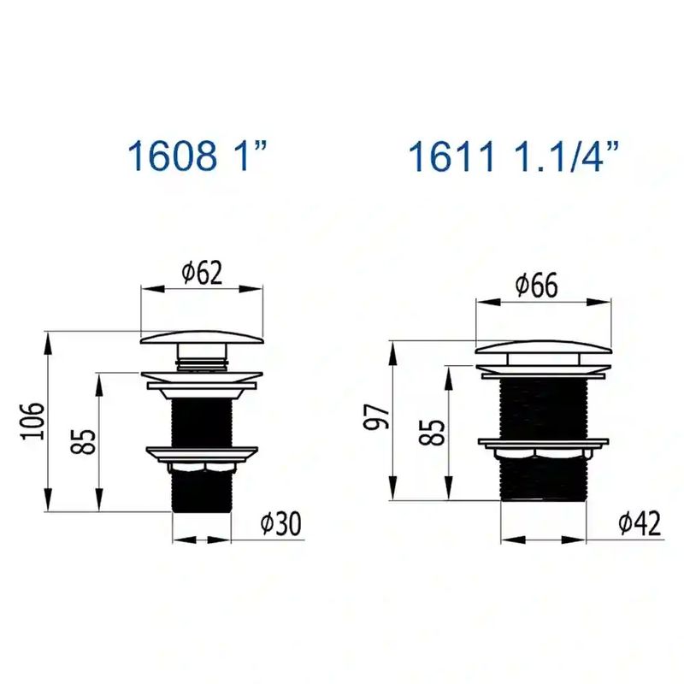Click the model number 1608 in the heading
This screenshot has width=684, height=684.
coord(173,156)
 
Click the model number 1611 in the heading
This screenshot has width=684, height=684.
coord(452,156)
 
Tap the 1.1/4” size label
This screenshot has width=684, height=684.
coord(566,156)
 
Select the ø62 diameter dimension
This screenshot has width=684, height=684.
coord(202,273)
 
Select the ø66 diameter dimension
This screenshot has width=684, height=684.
coord(536,286)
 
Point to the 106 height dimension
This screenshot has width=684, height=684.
coord(33,422)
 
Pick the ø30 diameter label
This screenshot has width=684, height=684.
coord(280,523)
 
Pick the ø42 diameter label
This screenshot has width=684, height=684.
coord(640,523)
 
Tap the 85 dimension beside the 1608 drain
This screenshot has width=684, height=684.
coord(83,442)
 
